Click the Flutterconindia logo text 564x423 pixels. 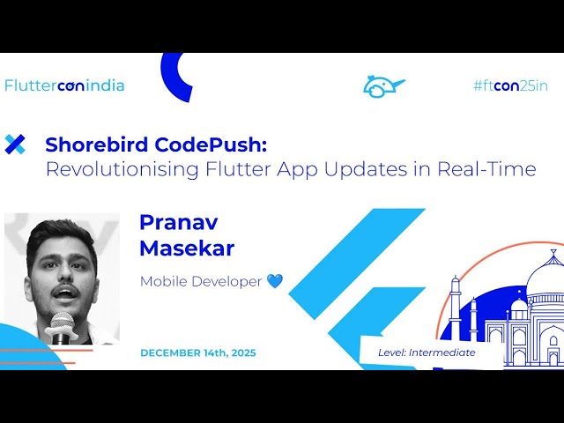pos(64,85)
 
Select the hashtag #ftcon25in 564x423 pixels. pos(511,85)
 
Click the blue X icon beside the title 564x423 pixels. pos(15,145)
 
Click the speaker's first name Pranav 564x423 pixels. pos(178,222)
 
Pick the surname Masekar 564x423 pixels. pos(187,249)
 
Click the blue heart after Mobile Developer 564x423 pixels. pos(275,281)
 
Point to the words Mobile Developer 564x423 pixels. pos(201,281)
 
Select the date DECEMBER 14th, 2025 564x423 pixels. pos(198,352)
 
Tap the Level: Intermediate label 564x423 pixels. pos(427,352)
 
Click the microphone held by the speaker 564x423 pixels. pos(62,323)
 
